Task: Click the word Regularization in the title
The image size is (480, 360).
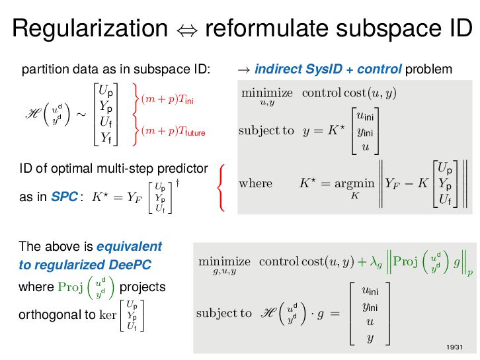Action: click(89, 29)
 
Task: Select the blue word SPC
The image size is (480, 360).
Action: click(65, 197)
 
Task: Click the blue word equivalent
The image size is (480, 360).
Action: click(129, 247)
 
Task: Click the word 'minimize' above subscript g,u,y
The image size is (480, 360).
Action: click(225, 261)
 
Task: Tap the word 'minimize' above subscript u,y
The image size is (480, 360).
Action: click(267, 92)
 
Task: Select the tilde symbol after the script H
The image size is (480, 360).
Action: click(80, 114)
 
